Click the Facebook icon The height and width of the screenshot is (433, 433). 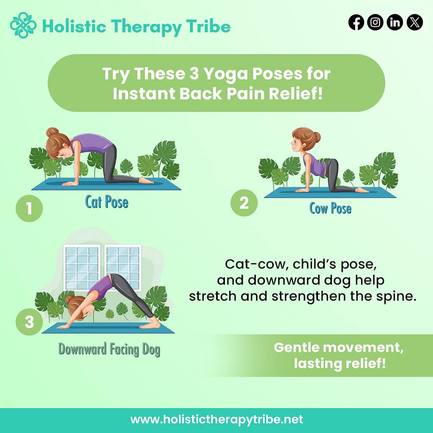coord(356,22)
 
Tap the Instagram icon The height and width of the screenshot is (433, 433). coord(375,22)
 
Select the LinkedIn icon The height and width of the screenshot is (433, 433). coord(395,22)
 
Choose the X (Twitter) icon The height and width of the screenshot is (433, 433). coord(414,22)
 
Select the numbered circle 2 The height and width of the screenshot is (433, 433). coord(244,203)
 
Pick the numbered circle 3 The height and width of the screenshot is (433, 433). coord(29,322)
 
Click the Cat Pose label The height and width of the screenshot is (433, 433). coord(107,202)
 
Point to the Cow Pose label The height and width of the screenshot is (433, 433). coord(330,208)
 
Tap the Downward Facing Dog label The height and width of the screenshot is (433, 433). coord(109,350)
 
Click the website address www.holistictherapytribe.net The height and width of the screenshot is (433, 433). coord(216,419)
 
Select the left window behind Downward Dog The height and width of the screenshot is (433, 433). coord(82,267)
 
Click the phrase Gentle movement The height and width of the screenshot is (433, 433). coord(338,348)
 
